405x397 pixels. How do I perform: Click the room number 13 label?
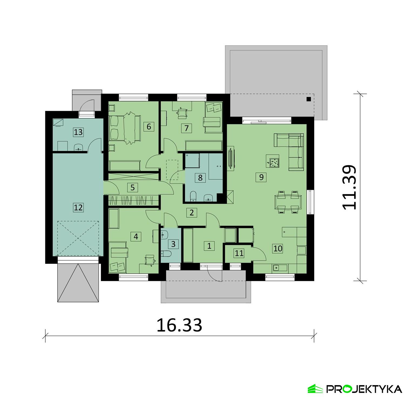pos(78,132)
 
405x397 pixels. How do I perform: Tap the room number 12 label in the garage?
pos(78,207)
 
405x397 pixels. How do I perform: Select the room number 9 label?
pos(261,177)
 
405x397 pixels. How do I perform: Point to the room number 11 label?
pos(239,253)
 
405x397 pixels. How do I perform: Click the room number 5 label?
pos(132,187)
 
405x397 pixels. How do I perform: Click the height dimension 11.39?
pos(350,187)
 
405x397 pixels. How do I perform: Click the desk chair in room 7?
pos(183,113)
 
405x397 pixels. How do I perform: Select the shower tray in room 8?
pos(192,161)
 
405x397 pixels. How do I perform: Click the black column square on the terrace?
pos(309,99)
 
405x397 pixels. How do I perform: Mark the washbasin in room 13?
pos(78,148)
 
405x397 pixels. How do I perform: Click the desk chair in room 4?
pos(149,259)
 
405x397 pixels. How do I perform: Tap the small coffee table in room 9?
pos(272,162)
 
